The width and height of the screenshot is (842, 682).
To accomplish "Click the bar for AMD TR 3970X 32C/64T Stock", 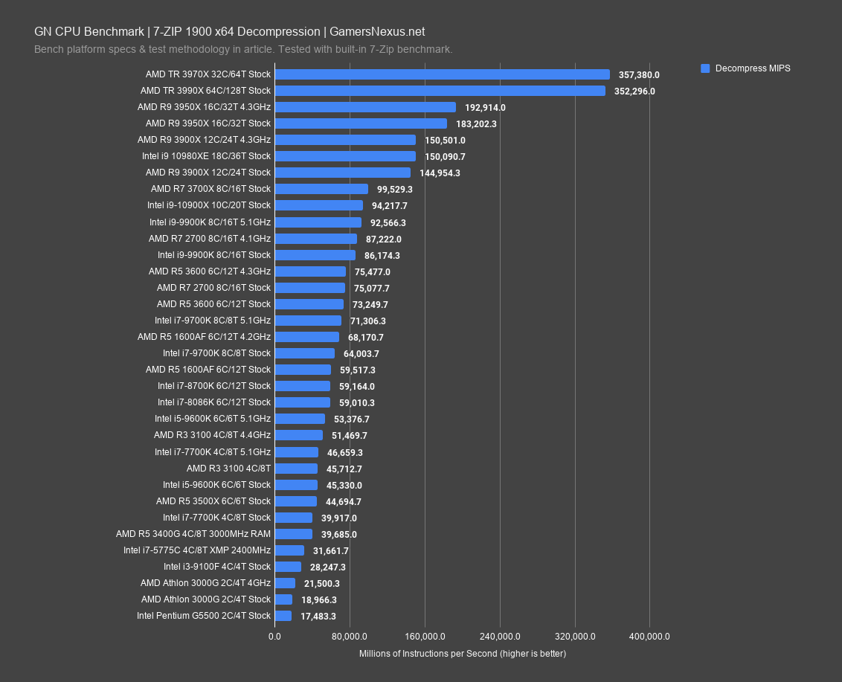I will [x=442, y=74].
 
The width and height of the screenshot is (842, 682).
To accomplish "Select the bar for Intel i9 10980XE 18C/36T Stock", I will [x=345, y=156].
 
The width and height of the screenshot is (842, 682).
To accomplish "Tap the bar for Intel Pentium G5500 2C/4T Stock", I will [x=283, y=616].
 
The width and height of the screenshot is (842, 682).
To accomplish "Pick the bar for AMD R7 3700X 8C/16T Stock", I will [x=321, y=189].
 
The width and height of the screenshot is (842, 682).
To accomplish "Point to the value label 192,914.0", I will [x=485, y=107].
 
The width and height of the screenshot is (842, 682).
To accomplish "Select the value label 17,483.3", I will [x=318, y=616].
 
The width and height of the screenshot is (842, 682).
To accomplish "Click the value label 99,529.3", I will [x=395, y=190].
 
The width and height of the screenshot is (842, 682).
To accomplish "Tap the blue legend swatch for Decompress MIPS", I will [x=705, y=68].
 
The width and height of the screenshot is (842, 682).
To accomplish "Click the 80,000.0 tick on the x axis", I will [x=350, y=637].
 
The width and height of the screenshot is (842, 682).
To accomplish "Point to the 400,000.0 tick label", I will [x=649, y=637].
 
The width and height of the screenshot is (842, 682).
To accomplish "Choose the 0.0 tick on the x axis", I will [x=274, y=637].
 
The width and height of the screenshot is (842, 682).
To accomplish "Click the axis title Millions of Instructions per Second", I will [x=462, y=654].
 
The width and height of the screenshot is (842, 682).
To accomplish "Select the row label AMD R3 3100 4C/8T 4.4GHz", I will [x=212, y=435].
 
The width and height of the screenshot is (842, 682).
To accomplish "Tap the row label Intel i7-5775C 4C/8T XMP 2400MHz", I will [x=197, y=550].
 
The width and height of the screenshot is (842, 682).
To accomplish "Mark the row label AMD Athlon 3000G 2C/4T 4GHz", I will [x=205, y=583].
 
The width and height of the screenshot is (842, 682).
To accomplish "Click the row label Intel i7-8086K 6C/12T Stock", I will [x=213, y=402].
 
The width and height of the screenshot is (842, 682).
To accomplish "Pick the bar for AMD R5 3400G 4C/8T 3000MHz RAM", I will [x=294, y=534].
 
